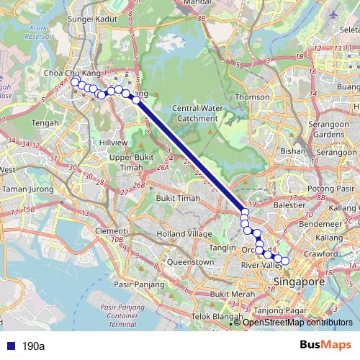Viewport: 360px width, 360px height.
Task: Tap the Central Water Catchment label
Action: click(194, 113)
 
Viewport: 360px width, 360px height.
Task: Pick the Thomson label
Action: click(252, 96)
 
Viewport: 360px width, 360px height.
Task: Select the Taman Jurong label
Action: click(25, 189)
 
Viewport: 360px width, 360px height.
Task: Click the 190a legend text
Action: click(34, 346)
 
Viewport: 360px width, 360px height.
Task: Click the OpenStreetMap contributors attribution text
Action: click(297, 323)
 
